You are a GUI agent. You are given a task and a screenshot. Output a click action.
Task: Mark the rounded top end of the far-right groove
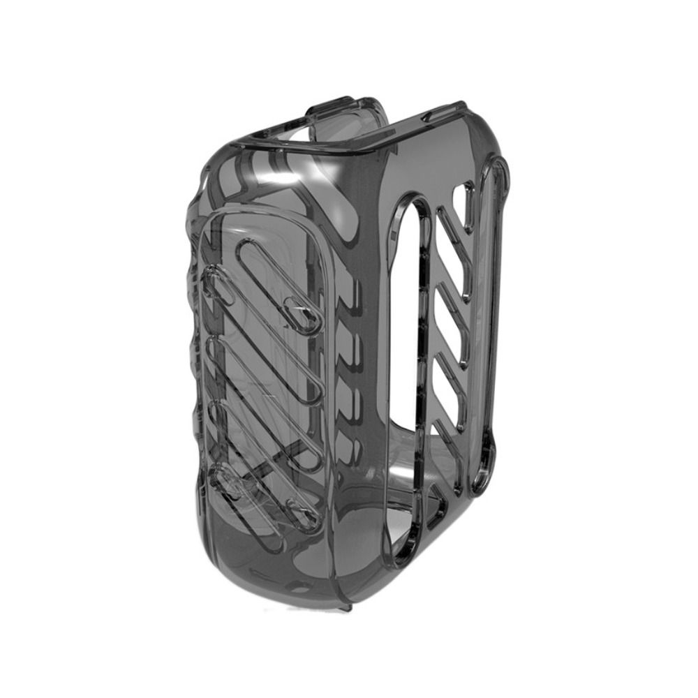click(x=500, y=168)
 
